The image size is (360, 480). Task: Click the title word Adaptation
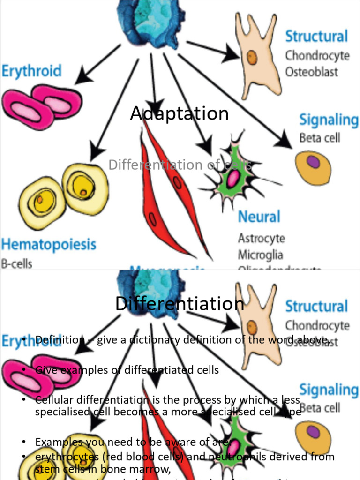pyautogui.click(x=180, y=114)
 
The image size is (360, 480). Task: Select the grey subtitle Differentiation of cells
pyautogui.click(x=180, y=165)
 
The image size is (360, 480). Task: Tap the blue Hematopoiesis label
pyautogui.click(x=48, y=244)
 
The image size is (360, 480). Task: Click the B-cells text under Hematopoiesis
pyautogui.click(x=16, y=263)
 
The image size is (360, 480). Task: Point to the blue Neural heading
pyautogui.click(x=259, y=217)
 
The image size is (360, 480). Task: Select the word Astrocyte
pyautogui.click(x=261, y=238)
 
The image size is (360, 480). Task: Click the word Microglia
pyautogui.click(x=260, y=255)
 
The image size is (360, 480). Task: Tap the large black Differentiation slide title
pyautogui.click(x=180, y=304)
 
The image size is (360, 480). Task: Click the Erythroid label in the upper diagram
pyautogui.click(x=31, y=71)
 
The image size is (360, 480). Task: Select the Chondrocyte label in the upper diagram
pyautogui.click(x=317, y=55)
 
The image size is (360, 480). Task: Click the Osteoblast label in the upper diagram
pyautogui.click(x=312, y=72)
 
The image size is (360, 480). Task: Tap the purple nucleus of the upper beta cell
pyautogui.click(x=313, y=162)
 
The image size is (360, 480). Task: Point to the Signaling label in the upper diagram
pyautogui.click(x=329, y=120)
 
